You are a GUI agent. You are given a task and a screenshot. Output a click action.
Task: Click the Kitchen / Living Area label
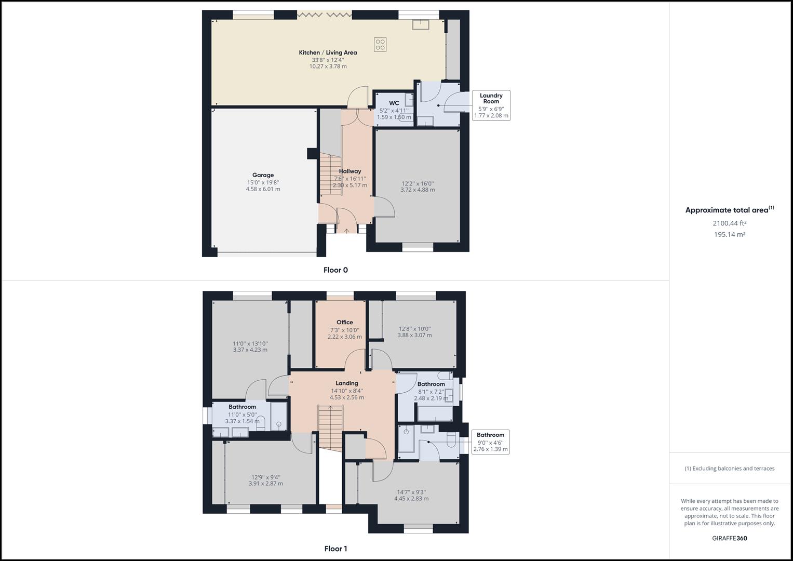click(328, 52)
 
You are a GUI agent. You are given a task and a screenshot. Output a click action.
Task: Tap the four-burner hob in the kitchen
click(380, 44)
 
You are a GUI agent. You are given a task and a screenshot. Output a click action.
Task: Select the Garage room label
click(263, 175)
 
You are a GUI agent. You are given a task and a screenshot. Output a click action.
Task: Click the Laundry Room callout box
click(491, 105)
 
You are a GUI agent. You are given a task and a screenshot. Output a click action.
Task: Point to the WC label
click(394, 103)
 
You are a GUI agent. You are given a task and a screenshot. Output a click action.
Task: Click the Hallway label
click(350, 171)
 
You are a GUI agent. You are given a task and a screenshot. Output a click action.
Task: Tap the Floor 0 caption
click(335, 270)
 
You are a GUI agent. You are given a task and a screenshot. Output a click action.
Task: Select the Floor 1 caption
click(335, 549)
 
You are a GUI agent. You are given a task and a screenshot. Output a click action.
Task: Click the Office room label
click(344, 322)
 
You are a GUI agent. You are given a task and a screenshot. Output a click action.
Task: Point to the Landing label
click(346, 383)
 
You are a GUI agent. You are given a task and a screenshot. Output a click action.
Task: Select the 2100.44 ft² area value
click(729, 223)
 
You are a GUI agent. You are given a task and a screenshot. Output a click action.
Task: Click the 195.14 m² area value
click(729, 234)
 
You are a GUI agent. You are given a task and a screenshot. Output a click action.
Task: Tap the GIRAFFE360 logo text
click(729, 538)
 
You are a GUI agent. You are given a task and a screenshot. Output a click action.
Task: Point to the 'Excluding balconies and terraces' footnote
click(729, 468)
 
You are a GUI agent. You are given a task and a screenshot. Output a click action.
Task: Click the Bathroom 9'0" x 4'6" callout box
click(490, 442)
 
